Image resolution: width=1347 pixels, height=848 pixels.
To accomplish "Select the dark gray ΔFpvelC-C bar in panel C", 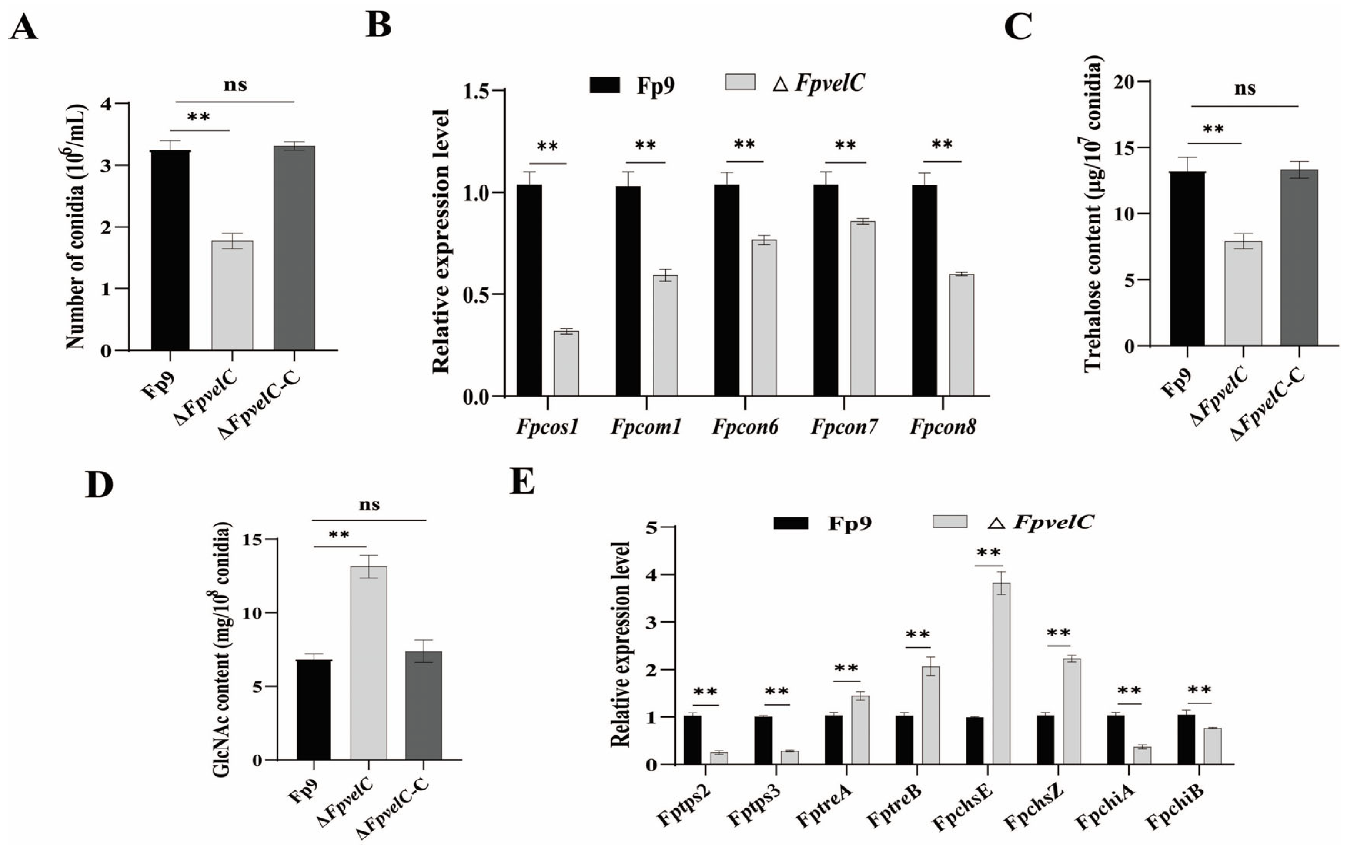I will point(1299,257).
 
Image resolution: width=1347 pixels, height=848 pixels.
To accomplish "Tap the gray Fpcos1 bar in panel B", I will point(566,364).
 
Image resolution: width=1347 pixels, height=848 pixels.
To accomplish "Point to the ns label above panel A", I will point(235,85).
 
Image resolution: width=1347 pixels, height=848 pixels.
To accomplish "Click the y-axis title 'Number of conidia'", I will point(76,227).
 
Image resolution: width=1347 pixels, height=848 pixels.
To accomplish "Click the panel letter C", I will point(1018,27).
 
